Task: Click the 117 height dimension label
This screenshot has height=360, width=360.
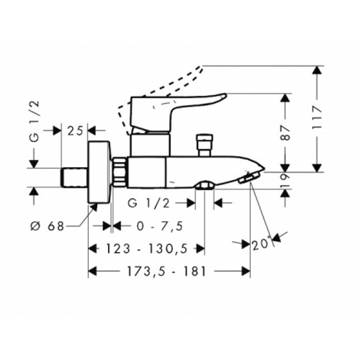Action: coord(318,118)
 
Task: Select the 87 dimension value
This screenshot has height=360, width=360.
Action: coord(285,133)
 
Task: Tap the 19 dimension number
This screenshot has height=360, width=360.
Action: coord(285,180)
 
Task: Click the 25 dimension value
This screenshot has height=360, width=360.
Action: coord(75,131)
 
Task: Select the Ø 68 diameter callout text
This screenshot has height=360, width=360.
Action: coord(48,226)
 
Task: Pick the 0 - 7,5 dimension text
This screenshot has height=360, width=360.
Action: coord(160,226)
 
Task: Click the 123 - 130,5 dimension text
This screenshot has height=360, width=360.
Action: coord(147,248)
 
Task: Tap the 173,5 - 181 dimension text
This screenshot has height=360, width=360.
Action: coord(166,271)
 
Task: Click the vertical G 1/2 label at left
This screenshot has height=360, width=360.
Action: coord(35,122)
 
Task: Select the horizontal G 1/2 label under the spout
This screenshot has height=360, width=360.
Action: coord(149,204)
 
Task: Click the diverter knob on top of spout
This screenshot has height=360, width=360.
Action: coord(204,145)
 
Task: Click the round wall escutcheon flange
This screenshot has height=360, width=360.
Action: coord(100,172)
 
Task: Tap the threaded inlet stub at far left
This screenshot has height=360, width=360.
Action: coord(75,178)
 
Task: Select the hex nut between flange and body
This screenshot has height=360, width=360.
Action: coord(120,172)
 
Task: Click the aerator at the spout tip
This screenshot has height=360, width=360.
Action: coord(248,178)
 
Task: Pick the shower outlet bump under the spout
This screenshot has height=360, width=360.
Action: coord(204,185)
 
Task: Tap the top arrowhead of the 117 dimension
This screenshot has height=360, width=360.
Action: coord(318,70)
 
